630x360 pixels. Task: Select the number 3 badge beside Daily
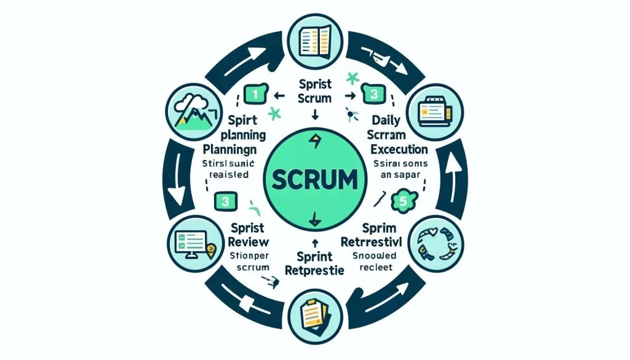tap(372, 95)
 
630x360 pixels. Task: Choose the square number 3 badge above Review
tap(226, 201)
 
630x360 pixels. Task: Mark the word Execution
tap(393, 149)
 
